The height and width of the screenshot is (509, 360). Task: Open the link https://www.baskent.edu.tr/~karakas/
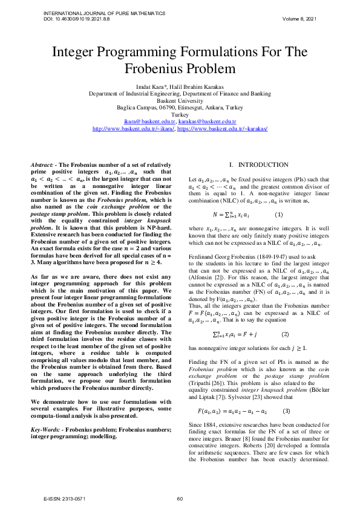tap(223, 129)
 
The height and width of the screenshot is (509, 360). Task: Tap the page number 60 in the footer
tap(180, 498)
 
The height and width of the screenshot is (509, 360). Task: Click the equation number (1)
tap(278, 215)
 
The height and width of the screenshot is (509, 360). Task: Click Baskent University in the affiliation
tap(180, 101)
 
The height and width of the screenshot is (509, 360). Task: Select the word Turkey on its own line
tap(180, 115)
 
